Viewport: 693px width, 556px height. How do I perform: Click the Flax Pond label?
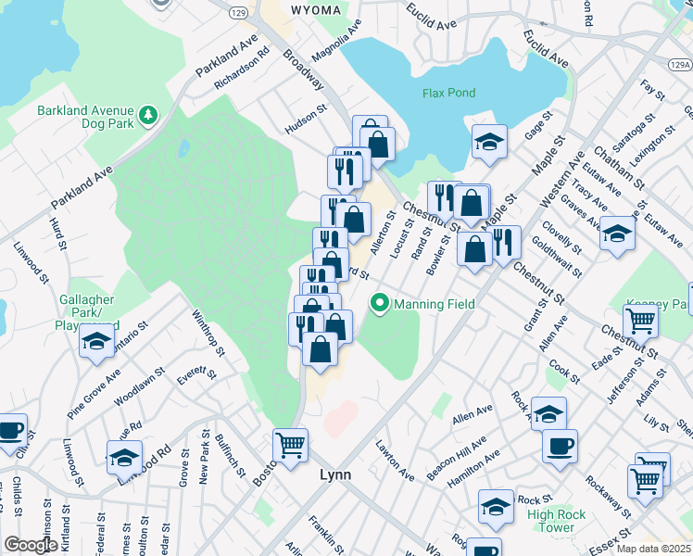click(x=448, y=93)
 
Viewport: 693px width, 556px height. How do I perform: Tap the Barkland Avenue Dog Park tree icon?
click(x=147, y=115)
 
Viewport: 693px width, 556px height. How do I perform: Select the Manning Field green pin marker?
click(x=378, y=303)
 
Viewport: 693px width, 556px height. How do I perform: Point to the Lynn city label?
click(x=334, y=474)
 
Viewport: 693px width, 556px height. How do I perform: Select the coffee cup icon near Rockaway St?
click(x=560, y=446)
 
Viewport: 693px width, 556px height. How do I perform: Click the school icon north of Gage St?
click(x=488, y=141)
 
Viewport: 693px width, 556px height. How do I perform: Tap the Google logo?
click(x=31, y=545)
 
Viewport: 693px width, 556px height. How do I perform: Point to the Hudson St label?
click(x=307, y=121)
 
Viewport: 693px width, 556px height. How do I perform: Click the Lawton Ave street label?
click(x=395, y=459)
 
